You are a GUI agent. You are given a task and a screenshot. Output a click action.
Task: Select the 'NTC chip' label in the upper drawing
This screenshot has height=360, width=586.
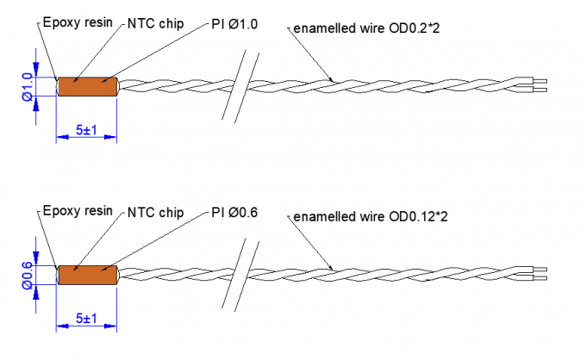[154, 24]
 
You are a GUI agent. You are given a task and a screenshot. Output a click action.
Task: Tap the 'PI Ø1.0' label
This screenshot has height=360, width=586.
[234, 24]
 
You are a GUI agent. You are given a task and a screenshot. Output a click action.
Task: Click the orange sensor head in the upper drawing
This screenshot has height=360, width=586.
[86, 86]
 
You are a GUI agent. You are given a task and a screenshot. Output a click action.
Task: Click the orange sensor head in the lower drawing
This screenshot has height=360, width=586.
[86, 275]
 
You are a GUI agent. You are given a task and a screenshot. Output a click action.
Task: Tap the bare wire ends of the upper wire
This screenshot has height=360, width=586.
[539, 86]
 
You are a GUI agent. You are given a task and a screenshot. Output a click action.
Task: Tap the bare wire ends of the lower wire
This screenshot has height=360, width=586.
[539, 275]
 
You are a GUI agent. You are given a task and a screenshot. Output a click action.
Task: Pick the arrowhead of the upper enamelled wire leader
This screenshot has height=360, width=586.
[332, 81]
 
